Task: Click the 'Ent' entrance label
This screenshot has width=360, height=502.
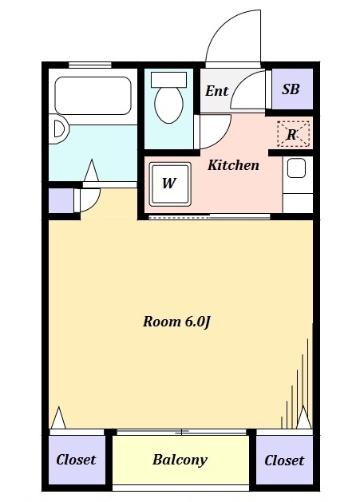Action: [216, 90]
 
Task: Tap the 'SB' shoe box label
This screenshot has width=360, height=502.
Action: [291, 89]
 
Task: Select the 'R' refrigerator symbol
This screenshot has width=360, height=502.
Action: [291, 134]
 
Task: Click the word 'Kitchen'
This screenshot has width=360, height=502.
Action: [233, 165]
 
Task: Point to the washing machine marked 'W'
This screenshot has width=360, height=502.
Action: [169, 183]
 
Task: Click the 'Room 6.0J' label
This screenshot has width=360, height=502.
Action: [176, 322]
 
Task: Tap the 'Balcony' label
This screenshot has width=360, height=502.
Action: [180, 460]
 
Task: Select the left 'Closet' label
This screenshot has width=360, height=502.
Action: [76, 460]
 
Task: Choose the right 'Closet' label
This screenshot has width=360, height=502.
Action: [284, 460]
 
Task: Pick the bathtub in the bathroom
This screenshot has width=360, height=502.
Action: [92, 96]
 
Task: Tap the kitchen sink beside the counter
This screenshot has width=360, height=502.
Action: [296, 168]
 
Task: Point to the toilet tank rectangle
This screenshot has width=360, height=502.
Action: [168, 79]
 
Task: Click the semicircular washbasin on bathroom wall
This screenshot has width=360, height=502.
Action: [57, 130]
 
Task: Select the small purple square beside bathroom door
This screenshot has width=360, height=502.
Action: [60, 200]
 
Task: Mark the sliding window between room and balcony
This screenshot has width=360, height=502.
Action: [183, 432]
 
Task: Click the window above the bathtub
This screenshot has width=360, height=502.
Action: [89, 65]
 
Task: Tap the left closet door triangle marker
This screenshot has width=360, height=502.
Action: [57, 418]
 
